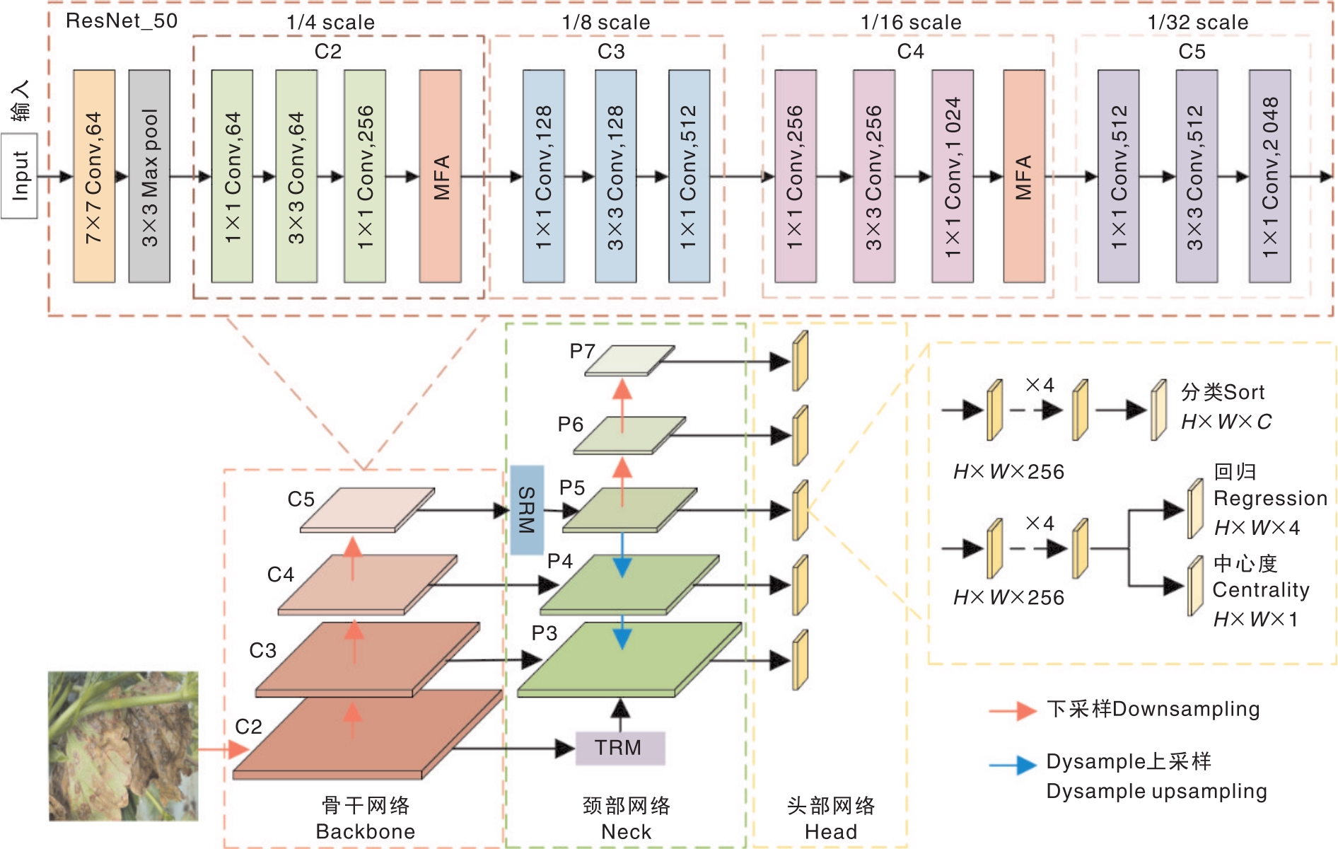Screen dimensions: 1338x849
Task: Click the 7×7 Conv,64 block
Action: (x=94, y=176)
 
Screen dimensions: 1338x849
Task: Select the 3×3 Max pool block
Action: (x=149, y=176)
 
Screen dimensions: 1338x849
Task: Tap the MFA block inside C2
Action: (x=441, y=176)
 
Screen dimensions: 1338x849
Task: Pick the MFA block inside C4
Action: (x=1024, y=176)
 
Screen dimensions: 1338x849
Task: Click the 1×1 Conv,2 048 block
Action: (x=1270, y=176)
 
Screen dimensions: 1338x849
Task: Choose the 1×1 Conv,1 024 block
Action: (x=953, y=176)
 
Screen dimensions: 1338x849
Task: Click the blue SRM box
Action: (x=527, y=509)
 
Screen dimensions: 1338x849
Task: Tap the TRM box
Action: (x=620, y=748)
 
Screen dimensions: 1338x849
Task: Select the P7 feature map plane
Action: (x=629, y=360)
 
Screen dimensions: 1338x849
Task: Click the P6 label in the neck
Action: (x=570, y=424)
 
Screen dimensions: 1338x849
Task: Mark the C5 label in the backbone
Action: (x=301, y=499)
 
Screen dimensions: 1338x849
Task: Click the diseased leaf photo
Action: (x=123, y=746)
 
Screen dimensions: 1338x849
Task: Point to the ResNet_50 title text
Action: (x=122, y=21)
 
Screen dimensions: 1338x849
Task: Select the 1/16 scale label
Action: (x=911, y=23)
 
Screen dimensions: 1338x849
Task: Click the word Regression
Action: (x=1270, y=499)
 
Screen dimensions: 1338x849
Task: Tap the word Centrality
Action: (x=1261, y=590)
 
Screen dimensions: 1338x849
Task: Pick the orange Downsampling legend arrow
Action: (x=1013, y=710)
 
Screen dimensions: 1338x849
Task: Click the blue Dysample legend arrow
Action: (x=1013, y=765)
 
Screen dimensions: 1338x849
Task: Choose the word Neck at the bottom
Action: (x=626, y=832)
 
